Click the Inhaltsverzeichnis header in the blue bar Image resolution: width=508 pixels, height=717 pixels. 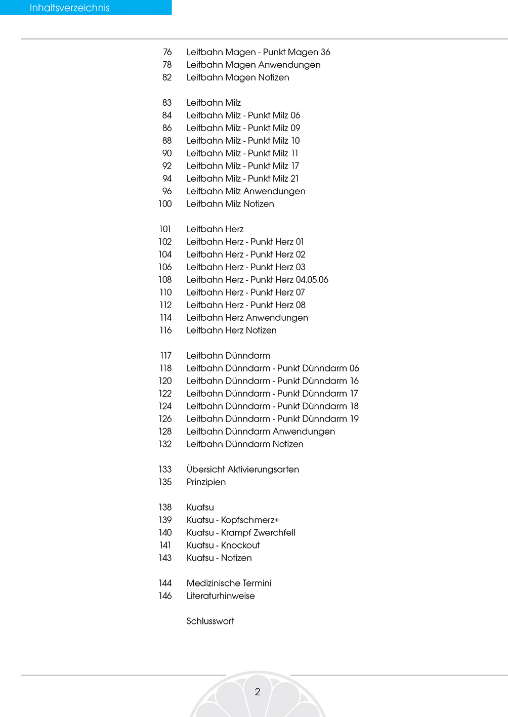pos(70,8)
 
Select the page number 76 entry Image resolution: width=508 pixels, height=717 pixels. pos(167,52)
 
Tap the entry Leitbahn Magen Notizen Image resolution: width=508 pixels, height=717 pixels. pos(238,77)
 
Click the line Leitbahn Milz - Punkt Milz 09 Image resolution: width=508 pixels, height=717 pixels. pos(243,128)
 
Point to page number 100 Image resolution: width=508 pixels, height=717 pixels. pos(165,204)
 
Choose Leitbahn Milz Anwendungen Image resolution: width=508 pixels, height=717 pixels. pos(246,191)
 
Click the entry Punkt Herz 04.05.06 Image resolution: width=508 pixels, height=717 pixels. pos(257,280)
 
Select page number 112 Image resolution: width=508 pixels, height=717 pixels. pos(165,305)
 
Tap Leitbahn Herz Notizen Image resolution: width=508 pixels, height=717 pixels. pos(231,330)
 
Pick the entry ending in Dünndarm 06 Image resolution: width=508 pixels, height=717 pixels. pos(273,368)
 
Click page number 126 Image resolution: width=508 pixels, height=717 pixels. pos(165,419)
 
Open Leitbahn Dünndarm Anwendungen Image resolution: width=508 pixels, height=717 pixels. pos(261,432)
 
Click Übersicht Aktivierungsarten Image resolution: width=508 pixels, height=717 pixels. pos(242,470)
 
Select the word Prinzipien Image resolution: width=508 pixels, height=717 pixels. pos(206,482)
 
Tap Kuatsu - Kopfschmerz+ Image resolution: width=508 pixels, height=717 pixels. pos(233,520)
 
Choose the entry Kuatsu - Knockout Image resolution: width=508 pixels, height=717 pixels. pos(223,545)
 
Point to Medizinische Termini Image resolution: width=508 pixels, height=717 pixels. pos(229,583)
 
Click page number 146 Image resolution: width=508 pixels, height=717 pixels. pos(165,596)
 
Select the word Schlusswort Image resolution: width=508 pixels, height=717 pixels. pos(210,621)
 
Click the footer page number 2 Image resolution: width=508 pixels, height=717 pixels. pos(258,692)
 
